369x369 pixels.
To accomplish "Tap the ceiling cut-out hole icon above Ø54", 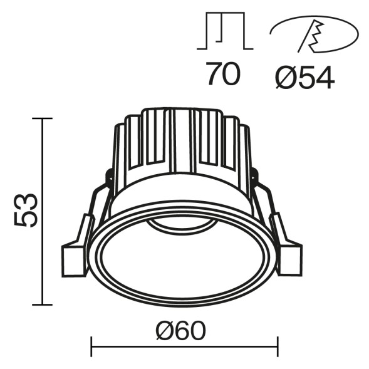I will point(314,34).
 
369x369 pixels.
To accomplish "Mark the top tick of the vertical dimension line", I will point(42,118).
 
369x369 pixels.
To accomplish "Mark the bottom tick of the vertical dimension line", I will point(42,304).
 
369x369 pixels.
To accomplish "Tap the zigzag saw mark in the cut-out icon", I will point(313,38).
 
